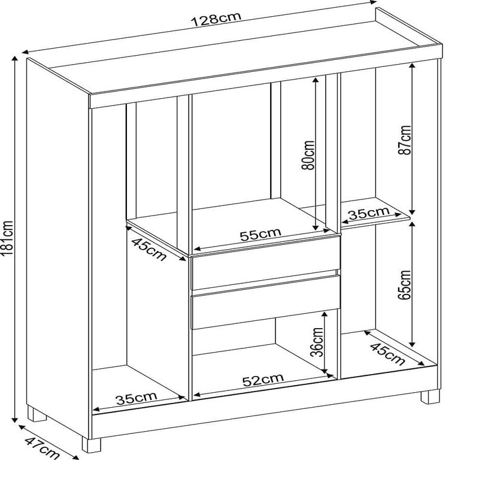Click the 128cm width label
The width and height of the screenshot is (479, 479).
click(216, 19)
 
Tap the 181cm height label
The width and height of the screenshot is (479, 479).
click(7, 238)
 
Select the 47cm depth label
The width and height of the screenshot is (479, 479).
click(42, 448)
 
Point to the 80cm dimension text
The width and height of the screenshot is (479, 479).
click(308, 155)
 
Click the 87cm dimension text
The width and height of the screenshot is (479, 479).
click(405, 140)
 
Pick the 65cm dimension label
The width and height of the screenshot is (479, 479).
click(405, 285)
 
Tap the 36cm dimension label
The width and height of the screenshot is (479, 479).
click(317, 342)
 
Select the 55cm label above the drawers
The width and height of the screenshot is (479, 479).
click(260, 234)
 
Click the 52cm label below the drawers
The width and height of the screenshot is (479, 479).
click(263, 380)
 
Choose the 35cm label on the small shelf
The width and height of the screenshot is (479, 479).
click(369, 213)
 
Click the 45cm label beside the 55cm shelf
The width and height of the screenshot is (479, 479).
click(148, 249)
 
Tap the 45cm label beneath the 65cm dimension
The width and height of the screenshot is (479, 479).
click(387, 354)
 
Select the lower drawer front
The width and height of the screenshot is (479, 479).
click(265, 302)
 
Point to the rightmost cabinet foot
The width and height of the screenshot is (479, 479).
click(430, 397)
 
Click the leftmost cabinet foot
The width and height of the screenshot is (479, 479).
click(37, 413)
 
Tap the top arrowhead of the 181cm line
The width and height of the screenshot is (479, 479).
click(14, 59)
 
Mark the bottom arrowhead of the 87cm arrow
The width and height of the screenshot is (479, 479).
click(412, 211)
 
